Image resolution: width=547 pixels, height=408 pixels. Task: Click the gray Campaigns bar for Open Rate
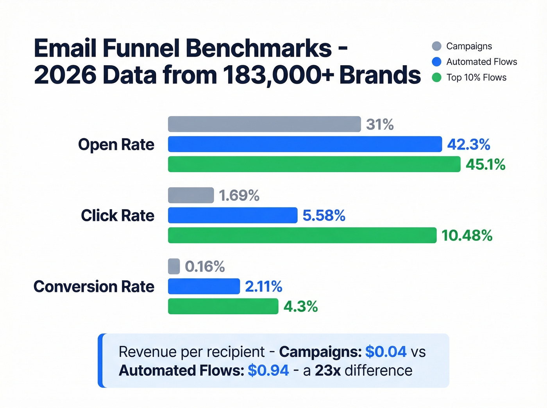pyautogui.click(x=264, y=124)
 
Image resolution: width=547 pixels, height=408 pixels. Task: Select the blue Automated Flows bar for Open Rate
pyautogui.click(x=305, y=144)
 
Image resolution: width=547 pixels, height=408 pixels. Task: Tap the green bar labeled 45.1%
pyautogui.click(x=314, y=164)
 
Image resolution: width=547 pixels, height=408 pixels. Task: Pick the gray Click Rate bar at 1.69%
pyautogui.click(x=191, y=195)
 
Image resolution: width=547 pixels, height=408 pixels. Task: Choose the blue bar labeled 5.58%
pyautogui.click(x=232, y=215)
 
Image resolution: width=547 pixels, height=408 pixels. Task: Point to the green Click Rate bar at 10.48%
pyautogui.click(x=302, y=235)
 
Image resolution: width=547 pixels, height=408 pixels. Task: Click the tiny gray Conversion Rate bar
pyautogui.click(x=174, y=266)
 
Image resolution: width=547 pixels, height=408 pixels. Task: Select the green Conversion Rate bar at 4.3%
pyautogui.click(x=223, y=306)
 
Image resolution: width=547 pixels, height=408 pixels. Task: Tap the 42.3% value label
pyautogui.click(x=468, y=144)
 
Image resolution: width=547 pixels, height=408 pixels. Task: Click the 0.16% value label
pyautogui.click(x=205, y=267)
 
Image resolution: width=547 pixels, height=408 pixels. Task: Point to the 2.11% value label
pyautogui.click(x=263, y=287)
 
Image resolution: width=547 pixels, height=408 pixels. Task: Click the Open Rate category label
pyautogui.click(x=116, y=144)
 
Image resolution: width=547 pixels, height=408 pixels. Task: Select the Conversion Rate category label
pyautogui.click(x=94, y=287)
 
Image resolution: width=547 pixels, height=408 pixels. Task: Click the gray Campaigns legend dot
pyautogui.click(x=436, y=46)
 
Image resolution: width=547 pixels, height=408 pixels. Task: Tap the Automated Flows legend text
pyautogui.click(x=481, y=62)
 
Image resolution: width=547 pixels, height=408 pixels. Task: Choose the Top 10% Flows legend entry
pyautogui.click(x=476, y=77)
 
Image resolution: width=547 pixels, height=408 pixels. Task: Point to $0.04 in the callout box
pyautogui.click(x=386, y=352)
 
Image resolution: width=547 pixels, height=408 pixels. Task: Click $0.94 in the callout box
pyautogui.click(x=268, y=370)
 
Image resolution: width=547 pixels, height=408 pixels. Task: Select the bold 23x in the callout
pyautogui.click(x=327, y=370)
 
